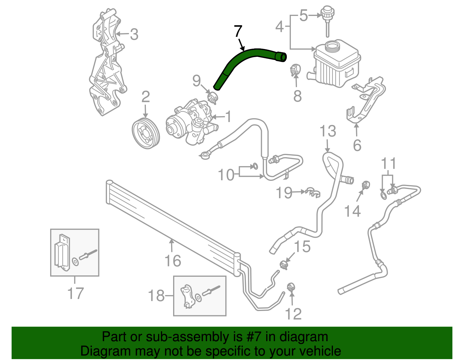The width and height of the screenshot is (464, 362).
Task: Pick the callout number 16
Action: pyautogui.click(x=173, y=261)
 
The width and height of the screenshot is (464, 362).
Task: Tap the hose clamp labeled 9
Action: pyautogui.click(x=213, y=98)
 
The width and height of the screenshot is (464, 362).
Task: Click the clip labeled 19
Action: pyautogui.click(x=313, y=193)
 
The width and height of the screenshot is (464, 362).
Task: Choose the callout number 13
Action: pyautogui.click(x=328, y=131)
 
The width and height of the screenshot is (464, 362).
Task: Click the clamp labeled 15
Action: pyautogui.click(x=284, y=265)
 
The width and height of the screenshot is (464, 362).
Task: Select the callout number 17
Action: pyautogui.click(x=75, y=293)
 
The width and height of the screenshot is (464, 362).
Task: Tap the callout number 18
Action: pyautogui.click(x=156, y=296)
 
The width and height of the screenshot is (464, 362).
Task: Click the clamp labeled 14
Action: pyautogui.click(x=366, y=185)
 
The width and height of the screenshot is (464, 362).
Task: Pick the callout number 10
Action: pyautogui.click(x=226, y=175)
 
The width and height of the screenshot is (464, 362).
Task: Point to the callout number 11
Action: pyautogui.click(x=388, y=163)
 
